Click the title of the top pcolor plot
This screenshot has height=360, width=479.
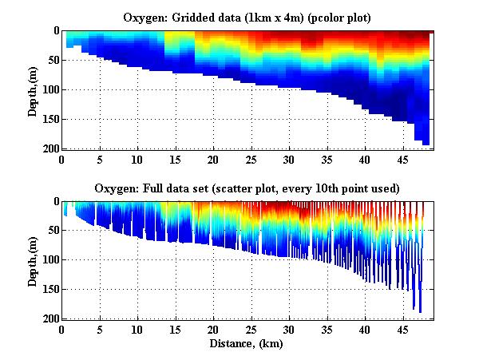point(247,17)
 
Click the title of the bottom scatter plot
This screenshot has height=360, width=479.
point(247,188)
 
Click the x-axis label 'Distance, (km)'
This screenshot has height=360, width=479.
point(247,344)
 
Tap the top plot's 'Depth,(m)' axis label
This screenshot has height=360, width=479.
point(33,89)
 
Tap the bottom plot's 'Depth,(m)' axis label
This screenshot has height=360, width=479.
point(33,260)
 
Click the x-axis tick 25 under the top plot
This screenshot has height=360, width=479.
point(251,158)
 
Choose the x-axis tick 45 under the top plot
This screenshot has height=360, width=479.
point(402,158)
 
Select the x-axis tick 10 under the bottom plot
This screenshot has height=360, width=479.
point(137,329)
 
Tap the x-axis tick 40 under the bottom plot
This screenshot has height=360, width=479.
point(365,329)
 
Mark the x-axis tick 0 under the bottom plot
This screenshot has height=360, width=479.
point(62,329)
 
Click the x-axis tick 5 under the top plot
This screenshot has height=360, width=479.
point(100,158)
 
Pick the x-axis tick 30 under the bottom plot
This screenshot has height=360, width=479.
point(289,329)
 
